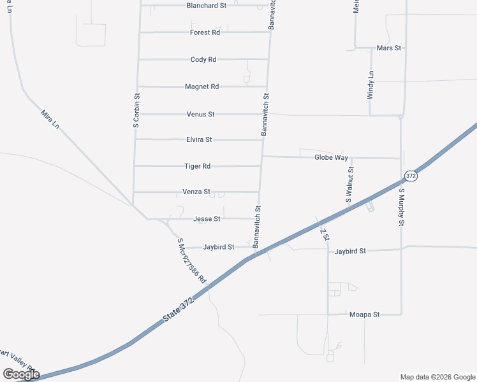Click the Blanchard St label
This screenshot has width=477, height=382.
pos(206,6)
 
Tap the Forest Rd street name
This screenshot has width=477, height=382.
pos(205,32)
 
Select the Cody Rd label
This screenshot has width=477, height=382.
pos(203,60)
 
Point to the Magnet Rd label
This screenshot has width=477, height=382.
pos(202,87)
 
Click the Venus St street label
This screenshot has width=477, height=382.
pos(200,115)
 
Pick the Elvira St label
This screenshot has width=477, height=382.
pos(199,139)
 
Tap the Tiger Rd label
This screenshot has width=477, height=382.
pos(197,166)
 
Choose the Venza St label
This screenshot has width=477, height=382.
pos(196,192)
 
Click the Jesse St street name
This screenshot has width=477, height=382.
pos(207,219)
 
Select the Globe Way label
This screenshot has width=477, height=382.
pos(332,157)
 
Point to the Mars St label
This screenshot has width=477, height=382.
pos(388,48)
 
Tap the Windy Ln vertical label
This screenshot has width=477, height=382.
pos(371,85)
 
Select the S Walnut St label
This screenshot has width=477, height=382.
pos(349,185)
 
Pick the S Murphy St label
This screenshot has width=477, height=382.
pos(402,207)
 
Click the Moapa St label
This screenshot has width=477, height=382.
pos(364,315)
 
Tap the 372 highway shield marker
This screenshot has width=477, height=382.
pos(411,176)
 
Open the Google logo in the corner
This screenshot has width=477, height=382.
pos(21,374)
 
